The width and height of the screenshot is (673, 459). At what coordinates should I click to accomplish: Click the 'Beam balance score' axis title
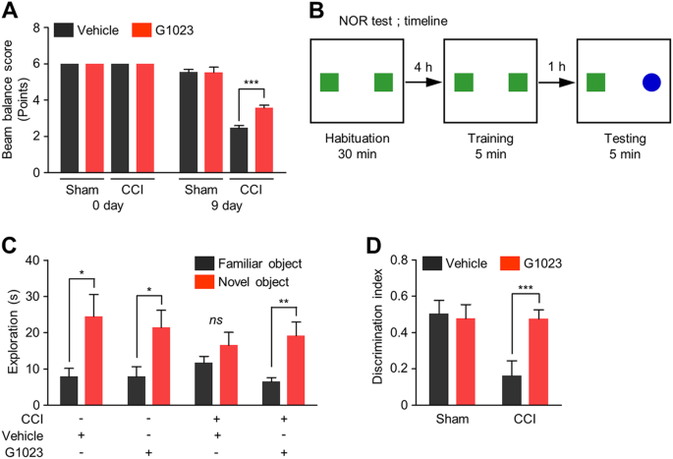pyautogui.click(x=16, y=99)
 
